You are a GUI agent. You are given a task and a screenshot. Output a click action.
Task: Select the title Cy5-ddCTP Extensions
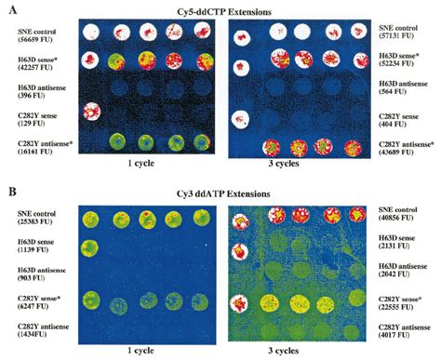(220, 8)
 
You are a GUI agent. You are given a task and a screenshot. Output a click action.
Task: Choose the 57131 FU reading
(396, 42)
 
